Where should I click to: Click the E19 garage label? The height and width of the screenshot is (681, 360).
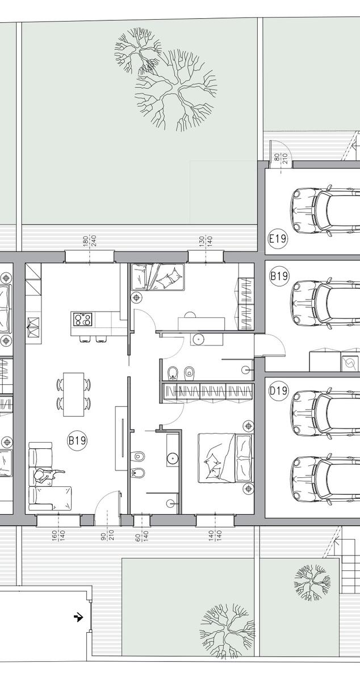[x=278, y=238]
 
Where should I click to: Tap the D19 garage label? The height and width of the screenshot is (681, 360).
[x=279, y=390]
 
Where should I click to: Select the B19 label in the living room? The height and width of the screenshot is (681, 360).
[x=77, y=440]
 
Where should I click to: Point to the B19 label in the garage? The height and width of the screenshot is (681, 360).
[x=279, y=276]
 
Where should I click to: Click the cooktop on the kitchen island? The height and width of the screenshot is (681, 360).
[x=82, y=319]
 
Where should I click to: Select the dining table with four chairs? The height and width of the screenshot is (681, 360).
[x=74, y=394]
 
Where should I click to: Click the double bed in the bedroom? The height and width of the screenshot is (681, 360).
[x=225, y=458]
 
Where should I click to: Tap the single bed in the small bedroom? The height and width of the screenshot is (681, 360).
[x=158, y=277]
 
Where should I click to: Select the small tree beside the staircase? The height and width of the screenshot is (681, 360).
[x=312, y=582]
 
